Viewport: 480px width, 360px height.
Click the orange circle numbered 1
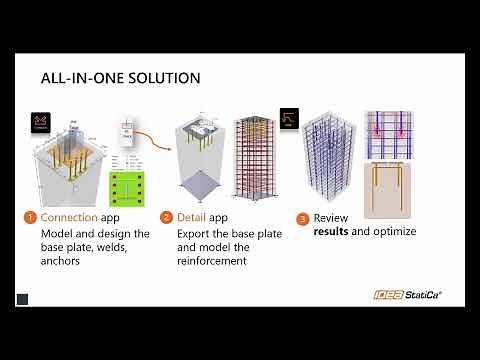point(30,217)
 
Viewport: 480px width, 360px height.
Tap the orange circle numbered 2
point(166,217)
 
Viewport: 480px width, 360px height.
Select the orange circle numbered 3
point(302,218)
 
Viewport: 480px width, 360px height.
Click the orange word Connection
point(70,217)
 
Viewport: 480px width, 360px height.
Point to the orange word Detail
point(195,217)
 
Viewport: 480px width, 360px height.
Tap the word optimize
point(394,232)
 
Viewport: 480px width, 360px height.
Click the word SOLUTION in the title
point(159,78)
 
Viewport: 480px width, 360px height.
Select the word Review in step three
point(332,218)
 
